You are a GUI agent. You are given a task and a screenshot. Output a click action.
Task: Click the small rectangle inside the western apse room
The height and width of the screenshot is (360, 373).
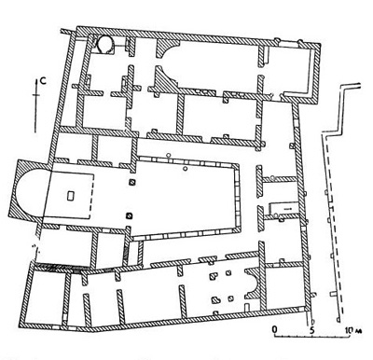(x=71, y=197)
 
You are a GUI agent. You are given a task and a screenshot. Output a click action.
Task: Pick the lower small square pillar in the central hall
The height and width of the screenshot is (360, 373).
(x=130, y=217)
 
